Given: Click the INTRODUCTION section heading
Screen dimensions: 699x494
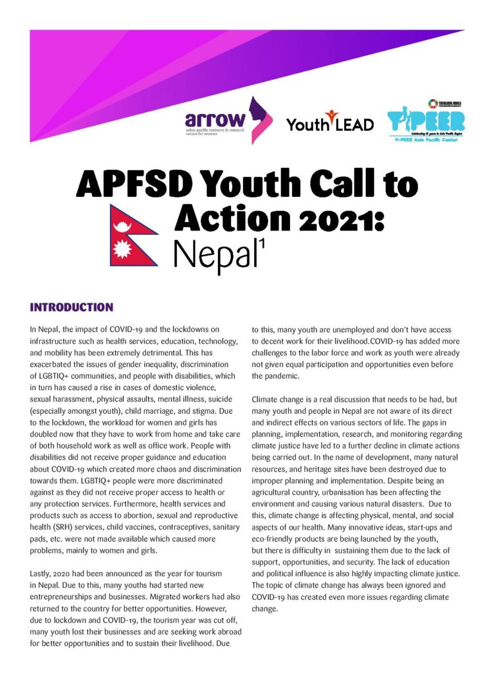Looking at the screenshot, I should click(x=71, y=307).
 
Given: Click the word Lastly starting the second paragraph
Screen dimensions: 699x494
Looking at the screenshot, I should click(x=42, y=554).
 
